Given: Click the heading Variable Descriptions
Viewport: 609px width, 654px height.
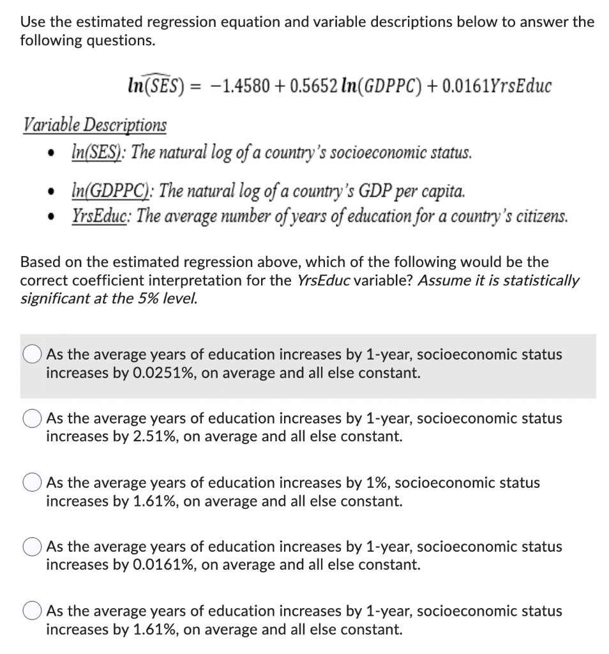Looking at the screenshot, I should pyautogui.click(x=94, y=125).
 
